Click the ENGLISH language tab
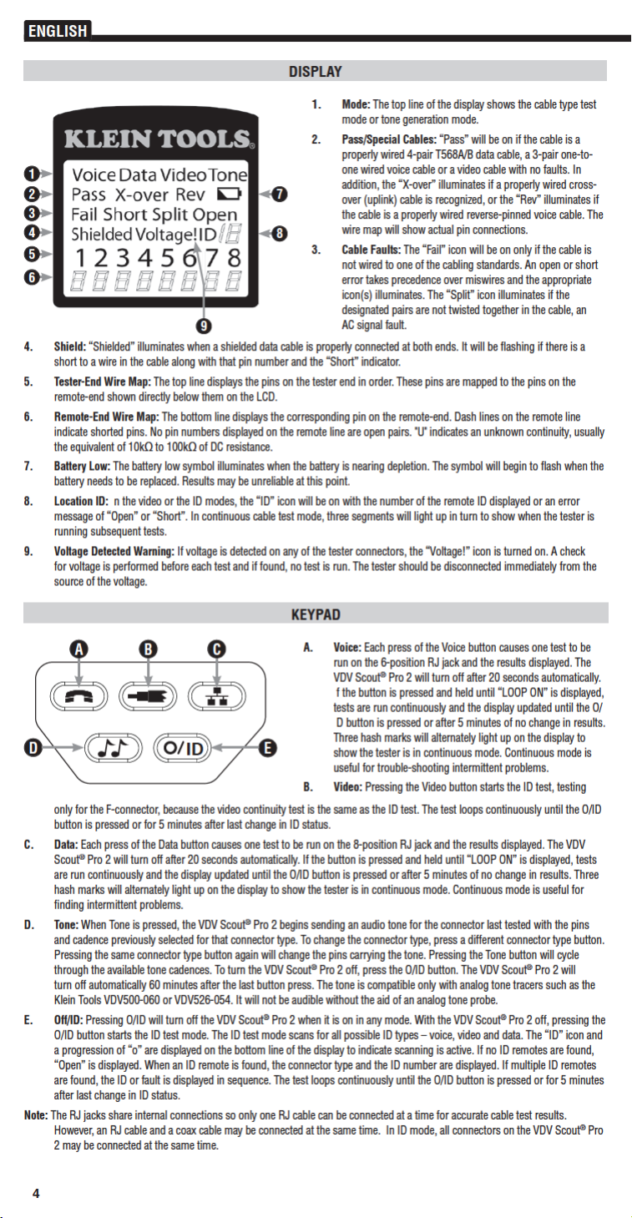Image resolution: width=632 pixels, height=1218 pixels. [57, 32]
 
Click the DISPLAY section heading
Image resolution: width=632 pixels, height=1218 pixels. [315, 72]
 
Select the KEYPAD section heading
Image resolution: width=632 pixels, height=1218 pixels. [315, 614]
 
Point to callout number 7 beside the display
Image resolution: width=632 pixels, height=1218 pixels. [281, 195]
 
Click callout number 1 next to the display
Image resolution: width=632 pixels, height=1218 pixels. [29, 174]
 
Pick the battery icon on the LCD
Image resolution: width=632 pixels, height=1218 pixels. [227, 195]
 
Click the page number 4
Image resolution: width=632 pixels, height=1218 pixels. [36, 1193]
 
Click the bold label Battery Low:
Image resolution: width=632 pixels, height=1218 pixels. [83, 465]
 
